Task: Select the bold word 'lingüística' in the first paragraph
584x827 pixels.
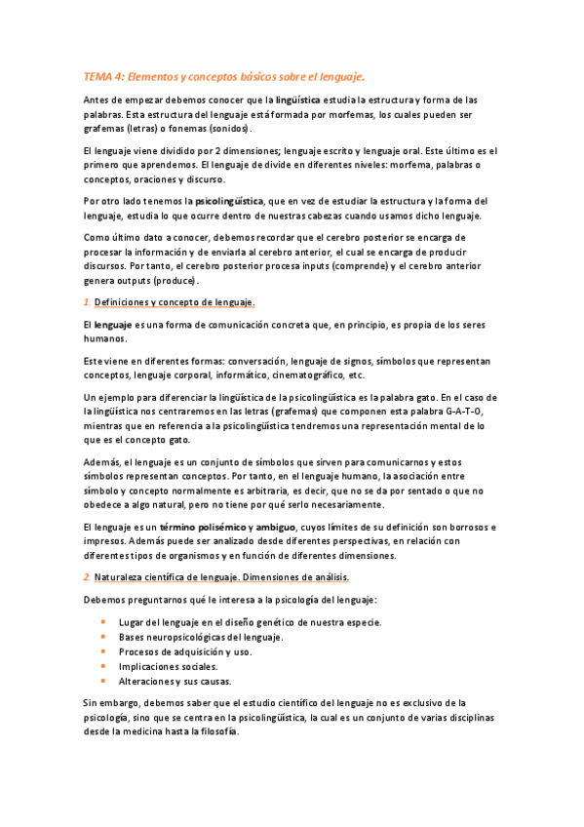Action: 305,100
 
